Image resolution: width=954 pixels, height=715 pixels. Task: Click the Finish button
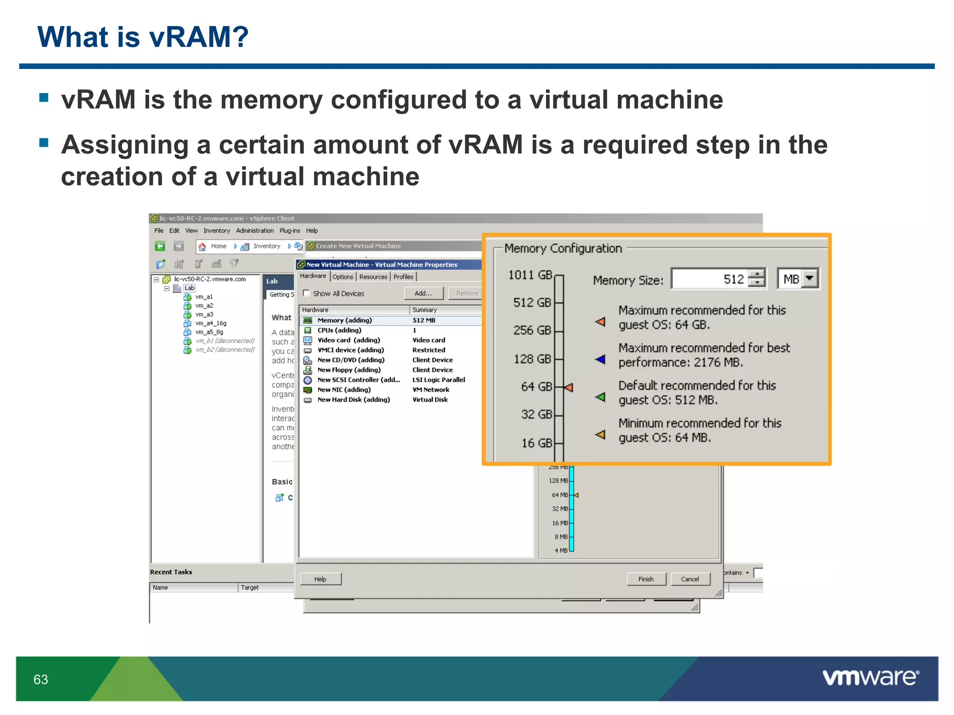click(x=646, y=579)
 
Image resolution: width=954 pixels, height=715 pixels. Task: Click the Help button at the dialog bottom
click(x=320, y=579)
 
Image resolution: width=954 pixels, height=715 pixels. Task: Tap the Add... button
click(x=423, y=293)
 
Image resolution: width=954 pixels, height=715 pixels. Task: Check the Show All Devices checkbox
click(x=307, y=293)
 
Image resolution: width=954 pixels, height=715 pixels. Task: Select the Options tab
click(x=343, y=277)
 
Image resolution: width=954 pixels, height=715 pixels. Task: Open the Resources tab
click(x=373, y=277)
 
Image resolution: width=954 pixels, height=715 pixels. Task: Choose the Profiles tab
click(x=403, y=277)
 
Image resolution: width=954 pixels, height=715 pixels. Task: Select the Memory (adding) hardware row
click(x=344, y=320)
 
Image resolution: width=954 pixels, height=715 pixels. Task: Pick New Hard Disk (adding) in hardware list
click(x=354, y=399)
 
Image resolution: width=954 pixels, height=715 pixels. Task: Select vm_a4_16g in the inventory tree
click(x=211, y=323)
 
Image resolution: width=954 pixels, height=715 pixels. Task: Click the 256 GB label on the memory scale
click(x=532, y=330)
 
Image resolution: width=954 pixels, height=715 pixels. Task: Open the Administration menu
click(x=255, y=230)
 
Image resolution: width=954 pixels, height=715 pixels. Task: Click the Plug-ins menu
click(x=290, y=230)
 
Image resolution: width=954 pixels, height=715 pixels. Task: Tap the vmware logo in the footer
click(x=870, y=678)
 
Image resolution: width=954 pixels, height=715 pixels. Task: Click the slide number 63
click(x=41, y=680)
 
